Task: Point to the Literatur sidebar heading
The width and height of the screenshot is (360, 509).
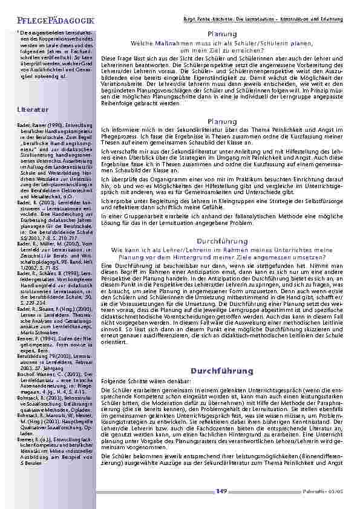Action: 33,109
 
